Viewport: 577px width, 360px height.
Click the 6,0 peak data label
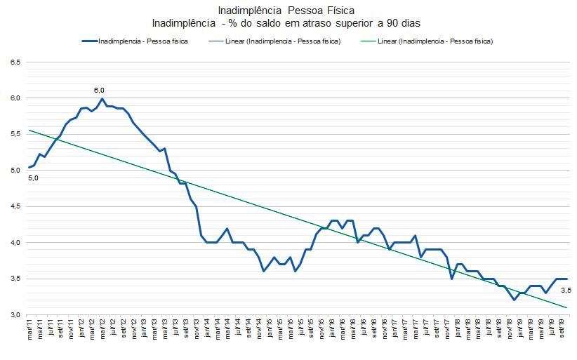[99, 90]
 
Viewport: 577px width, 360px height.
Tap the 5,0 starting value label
[33, 178]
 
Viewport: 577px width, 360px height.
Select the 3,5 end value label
[566, 290]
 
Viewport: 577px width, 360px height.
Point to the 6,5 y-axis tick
[15, 62]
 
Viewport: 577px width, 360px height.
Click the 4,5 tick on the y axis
[15, 206]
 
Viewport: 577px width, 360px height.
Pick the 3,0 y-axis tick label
[15, 315]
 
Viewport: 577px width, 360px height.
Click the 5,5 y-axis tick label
[15, 134]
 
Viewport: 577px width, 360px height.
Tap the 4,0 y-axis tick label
[15, 243]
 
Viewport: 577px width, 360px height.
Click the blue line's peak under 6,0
[102, 98]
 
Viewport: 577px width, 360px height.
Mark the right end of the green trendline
[566, 307]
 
